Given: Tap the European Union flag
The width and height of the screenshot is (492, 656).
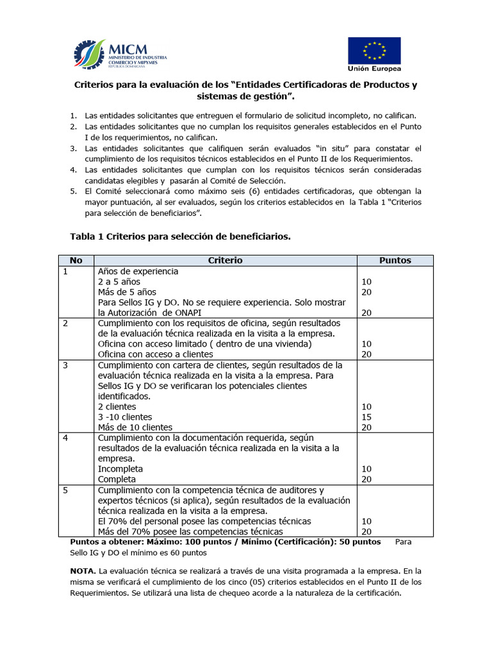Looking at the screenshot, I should click(374, 51).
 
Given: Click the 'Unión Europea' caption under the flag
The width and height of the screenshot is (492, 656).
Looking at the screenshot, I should click(375, 69).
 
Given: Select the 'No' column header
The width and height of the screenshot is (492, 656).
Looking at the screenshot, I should click(76, 261).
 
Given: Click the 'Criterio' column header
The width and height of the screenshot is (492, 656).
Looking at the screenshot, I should click(225, 261).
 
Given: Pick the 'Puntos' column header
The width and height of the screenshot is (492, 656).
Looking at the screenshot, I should click(395, 261).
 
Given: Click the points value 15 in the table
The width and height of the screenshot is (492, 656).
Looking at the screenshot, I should click(367, 417).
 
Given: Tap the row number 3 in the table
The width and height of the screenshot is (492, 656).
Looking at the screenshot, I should click(65, 365).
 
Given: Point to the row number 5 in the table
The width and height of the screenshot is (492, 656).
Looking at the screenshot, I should click(65, 490).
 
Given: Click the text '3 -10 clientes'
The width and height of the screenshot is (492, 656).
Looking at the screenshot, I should click(125, 417).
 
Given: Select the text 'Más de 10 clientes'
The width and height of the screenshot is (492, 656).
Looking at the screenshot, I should click(135, 427).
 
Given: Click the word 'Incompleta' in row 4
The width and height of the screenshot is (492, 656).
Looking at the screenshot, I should click(120, 469).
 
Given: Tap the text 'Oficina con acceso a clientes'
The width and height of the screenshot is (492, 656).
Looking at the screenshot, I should click(155, 354).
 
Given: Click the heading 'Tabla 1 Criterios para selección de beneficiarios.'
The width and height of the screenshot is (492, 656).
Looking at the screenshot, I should click(180, 236).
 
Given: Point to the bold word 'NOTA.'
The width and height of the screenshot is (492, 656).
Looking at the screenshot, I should click(84, 570).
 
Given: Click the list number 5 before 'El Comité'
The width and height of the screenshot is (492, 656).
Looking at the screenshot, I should click(74, 191).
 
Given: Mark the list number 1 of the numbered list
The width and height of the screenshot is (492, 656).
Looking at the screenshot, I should click(74, 116).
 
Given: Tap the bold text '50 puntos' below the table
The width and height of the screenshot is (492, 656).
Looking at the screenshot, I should click(359, 542).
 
